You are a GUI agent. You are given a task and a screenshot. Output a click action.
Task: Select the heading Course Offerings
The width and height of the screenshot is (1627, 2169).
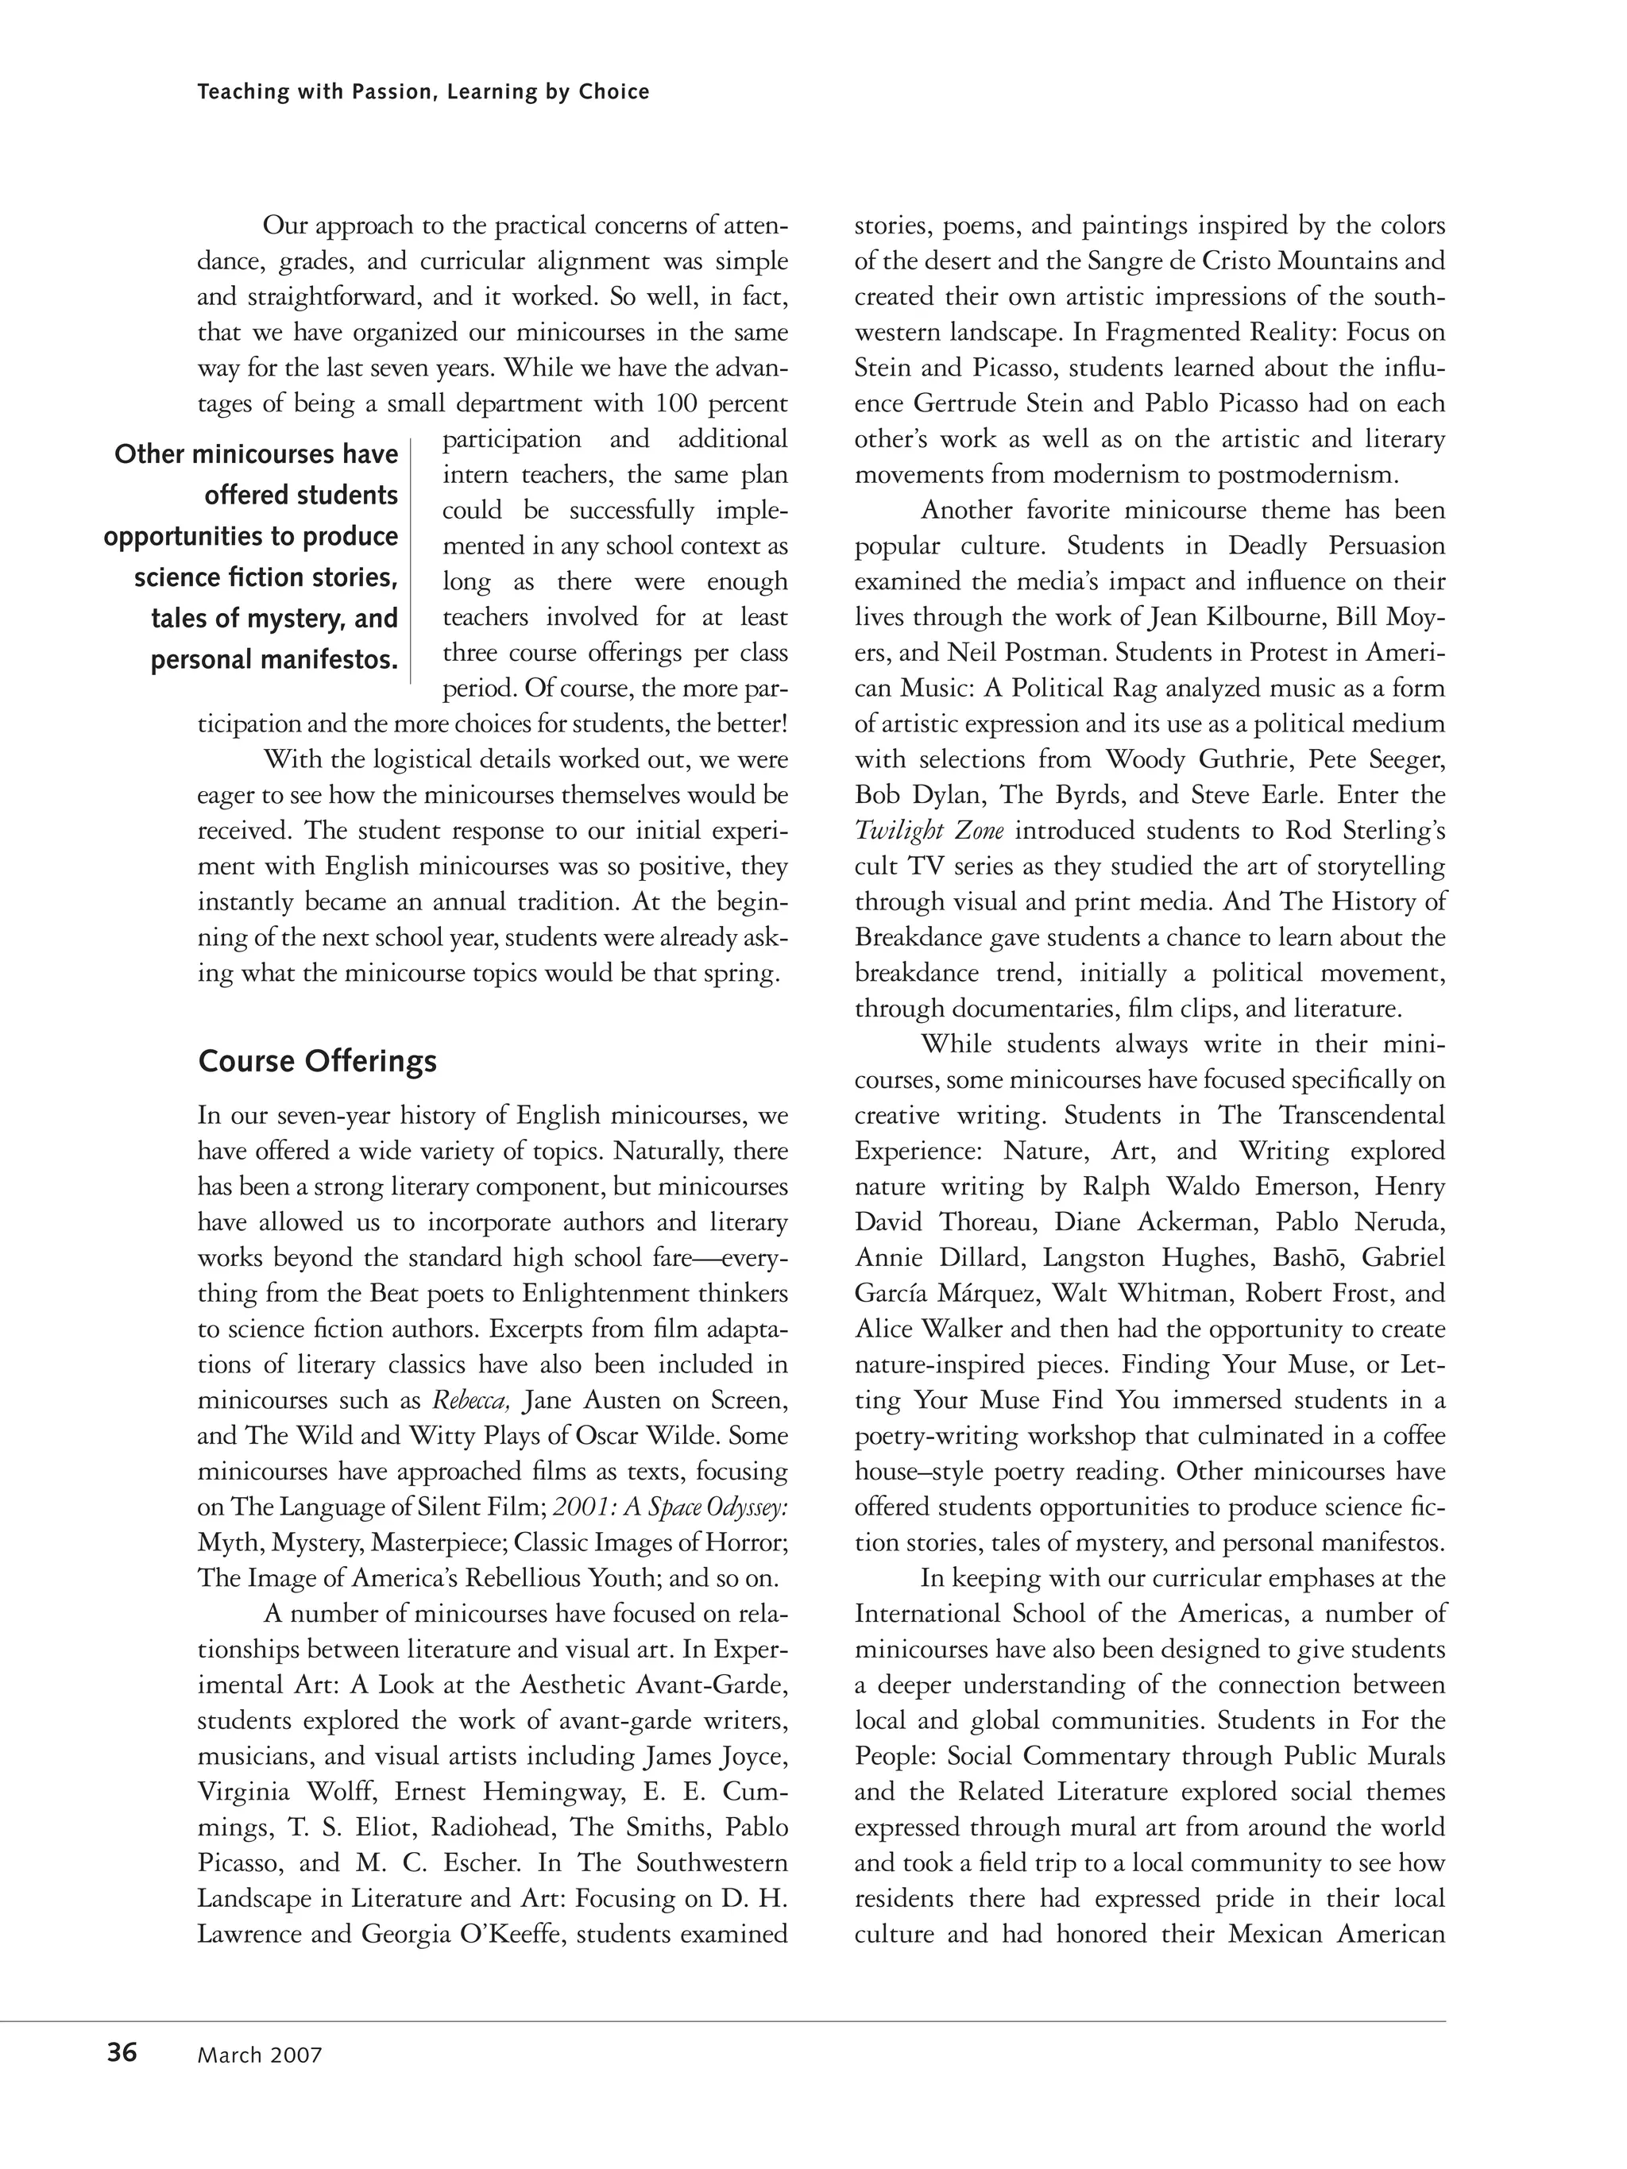(317, 1062)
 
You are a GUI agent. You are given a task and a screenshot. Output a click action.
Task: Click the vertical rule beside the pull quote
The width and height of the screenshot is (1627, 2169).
(411, 559)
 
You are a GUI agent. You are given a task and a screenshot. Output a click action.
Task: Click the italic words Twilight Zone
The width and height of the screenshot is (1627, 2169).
(929, 831)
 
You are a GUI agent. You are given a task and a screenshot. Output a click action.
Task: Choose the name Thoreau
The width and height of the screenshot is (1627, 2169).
(990, 1222)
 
